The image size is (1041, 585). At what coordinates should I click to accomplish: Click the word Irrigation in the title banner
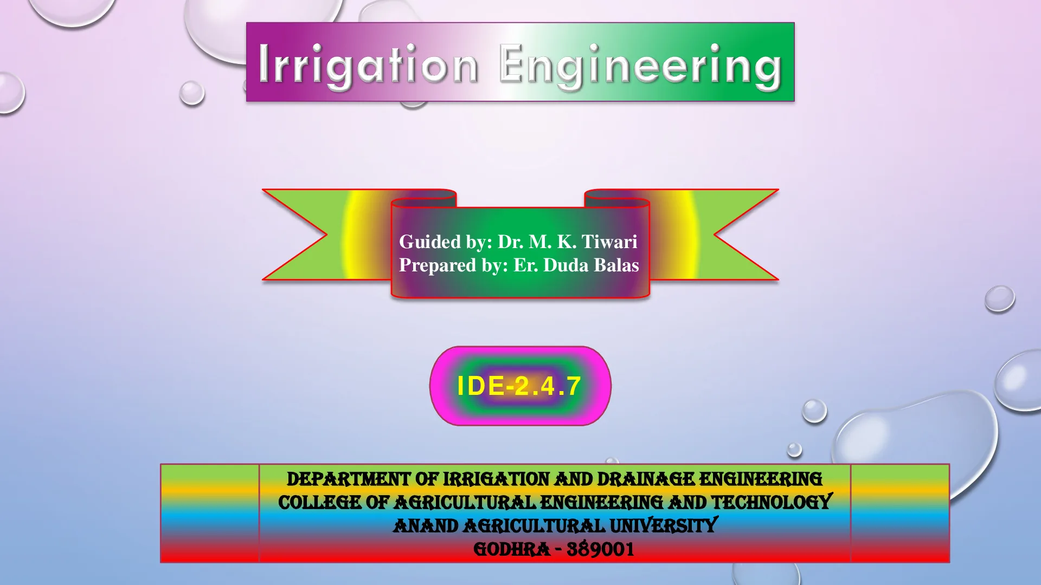pyautogui.click(x=368, y=66)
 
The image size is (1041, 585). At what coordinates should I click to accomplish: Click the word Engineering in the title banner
pyautogui.click(x=640, y=66)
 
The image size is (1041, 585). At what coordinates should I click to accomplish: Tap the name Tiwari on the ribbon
pyautogui.click(x=609, y=242)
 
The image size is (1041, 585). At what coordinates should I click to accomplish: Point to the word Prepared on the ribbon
pyautogui.click(x=438, y=265)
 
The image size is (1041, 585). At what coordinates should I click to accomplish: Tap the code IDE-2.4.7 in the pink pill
pyautogui.click(x=519, y=386)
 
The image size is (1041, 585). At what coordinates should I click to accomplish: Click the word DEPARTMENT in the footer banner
pyautogui.click(x=349, y=479)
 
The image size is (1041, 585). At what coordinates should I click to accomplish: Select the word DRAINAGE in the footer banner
pyautogui.click(x=646, y=479)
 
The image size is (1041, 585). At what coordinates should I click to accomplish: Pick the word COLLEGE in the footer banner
pyautogui.click(x=319, y=503)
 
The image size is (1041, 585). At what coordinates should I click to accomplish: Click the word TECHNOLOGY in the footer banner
pyautogui.click(x=771, y=502)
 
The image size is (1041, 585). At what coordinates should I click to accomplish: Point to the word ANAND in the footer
pyautogui.click(x=426, y=526)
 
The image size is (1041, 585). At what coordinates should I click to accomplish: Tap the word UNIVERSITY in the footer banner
pyautogui.click(x=664, y=525)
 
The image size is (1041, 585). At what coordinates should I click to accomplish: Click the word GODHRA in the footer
pyautogui.click(x=512, y=549)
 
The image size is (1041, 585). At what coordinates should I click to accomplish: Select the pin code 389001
pyautogui.click(x=601, y=549)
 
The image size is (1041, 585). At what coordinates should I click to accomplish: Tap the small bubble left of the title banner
pyautogui.click(x=192, y=93)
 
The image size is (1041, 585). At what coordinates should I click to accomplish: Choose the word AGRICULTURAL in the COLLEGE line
pyautogui.click(x=465, y=503)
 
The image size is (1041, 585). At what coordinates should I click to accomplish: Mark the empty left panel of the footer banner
pyautogui.click(x=210, y=513)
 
